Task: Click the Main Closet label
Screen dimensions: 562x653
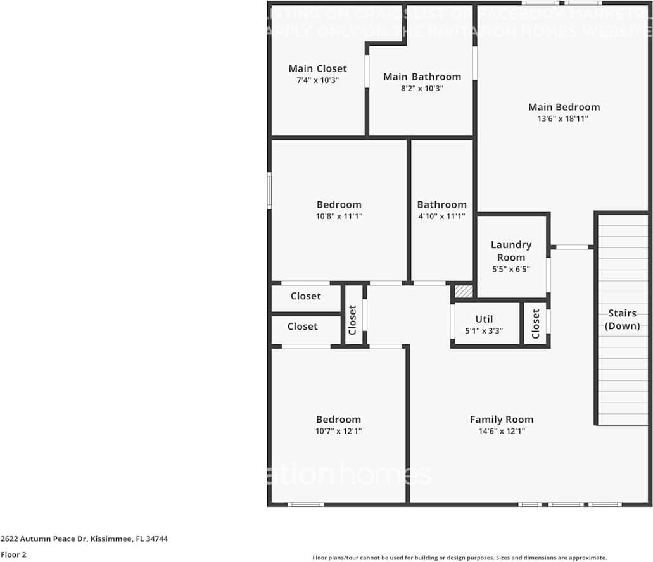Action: (317, 68)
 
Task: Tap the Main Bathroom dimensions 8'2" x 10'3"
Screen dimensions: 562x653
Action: (422, 89)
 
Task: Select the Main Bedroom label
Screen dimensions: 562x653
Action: (564, 107)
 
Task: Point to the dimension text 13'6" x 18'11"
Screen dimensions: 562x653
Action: (564, 118)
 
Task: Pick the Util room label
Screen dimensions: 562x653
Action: (484, 319)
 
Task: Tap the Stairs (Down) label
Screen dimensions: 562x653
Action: (622, 320)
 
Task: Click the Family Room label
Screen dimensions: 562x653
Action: (502, 419)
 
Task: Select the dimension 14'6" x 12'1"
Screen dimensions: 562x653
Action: (502, 431)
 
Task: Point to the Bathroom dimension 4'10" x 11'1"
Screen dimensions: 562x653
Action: (441, 216)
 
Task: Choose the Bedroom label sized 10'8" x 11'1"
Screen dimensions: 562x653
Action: (339, 204)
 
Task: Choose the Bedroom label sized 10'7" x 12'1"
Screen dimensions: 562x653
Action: (339, 419)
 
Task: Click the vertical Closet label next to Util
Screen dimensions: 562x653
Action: (536, 323)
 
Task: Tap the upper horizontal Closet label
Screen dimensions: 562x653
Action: (306, 296)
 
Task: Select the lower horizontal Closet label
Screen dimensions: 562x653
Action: (302, 326)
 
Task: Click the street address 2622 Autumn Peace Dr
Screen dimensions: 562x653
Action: (84, 539)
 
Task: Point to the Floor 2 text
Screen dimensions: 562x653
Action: (14, 554)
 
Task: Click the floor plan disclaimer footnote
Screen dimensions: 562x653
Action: (459, 558)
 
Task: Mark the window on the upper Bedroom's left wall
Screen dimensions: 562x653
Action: (269, 191)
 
